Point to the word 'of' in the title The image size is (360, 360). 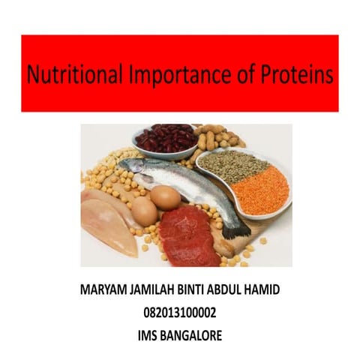233,74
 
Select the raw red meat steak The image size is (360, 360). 187,235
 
